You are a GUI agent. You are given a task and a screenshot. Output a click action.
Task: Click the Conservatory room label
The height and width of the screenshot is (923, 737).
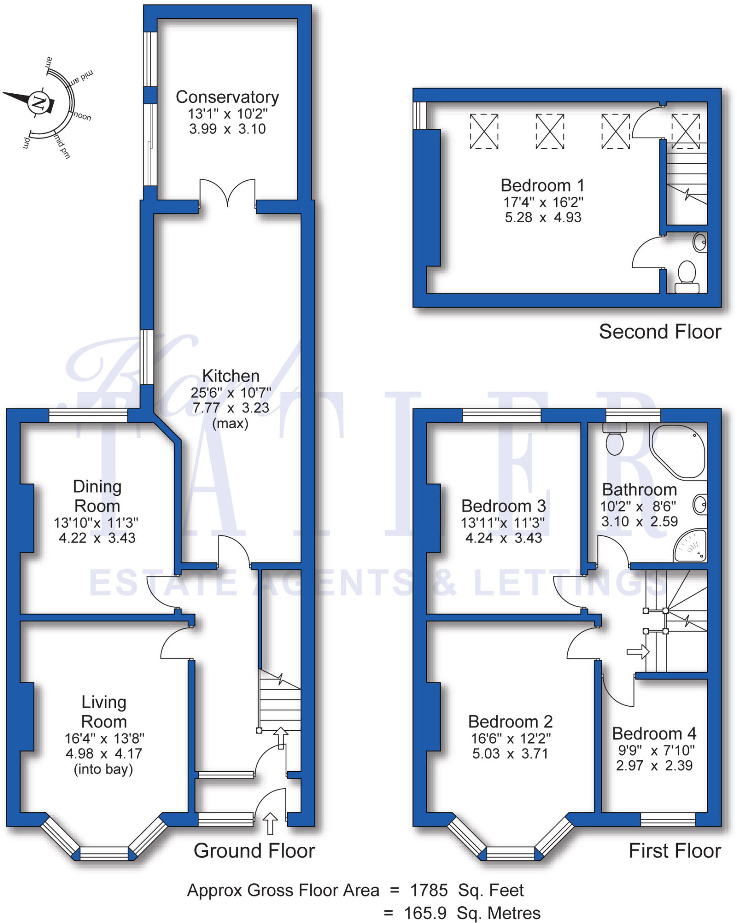coord(227,97)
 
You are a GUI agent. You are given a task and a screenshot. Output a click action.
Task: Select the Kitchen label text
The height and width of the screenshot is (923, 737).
coord(230,376)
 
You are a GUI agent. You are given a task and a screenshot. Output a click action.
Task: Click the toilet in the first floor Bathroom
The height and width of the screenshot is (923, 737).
coord(615,441)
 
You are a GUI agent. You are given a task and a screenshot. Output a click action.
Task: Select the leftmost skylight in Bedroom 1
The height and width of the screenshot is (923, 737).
coord(484,131)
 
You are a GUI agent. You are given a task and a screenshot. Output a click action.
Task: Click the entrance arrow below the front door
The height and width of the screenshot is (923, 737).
coord(270,823)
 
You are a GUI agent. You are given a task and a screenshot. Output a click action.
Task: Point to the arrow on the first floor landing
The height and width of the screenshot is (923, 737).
coord(638,652)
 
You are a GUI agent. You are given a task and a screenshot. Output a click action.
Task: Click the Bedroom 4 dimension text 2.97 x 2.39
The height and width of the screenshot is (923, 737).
coord(654,765)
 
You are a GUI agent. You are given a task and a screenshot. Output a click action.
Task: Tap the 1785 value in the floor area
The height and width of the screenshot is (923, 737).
coord(429,890)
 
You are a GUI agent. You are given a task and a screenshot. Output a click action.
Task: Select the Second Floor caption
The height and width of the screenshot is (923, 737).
coord(659,332)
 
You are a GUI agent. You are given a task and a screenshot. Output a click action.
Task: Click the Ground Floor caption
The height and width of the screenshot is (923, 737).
coord(254,851)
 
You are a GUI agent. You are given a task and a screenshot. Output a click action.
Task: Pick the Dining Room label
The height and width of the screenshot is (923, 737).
coord(97,496)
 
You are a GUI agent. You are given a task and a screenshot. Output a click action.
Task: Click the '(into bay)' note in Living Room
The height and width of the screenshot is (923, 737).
coord(103,769)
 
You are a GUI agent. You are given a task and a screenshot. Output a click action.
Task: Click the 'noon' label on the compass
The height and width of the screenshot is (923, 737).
coord(82,116)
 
